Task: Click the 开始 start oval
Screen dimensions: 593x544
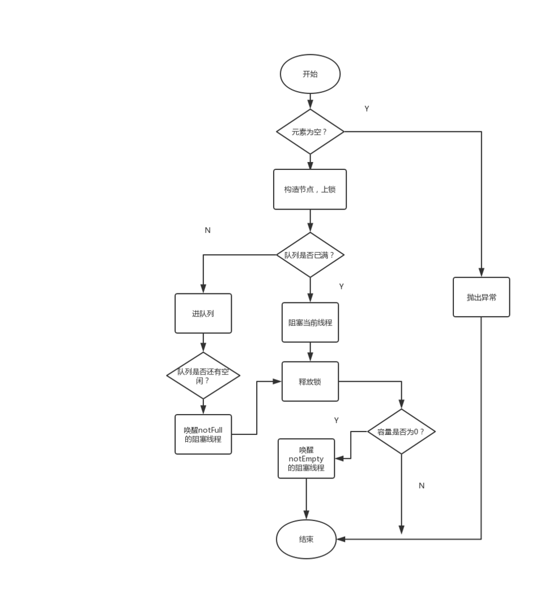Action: [x=310, y=74]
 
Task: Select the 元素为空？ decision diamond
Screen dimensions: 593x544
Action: [x=310, y=131]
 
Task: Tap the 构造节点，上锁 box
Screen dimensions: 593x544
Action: [x=310, y=189]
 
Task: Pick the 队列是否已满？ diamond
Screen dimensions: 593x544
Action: [x=310, y=255]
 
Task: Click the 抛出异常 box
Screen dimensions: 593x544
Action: [x=481, y=297]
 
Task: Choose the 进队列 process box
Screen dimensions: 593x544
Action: [x=203, y=313]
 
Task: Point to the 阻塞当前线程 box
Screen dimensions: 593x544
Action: [x=310, y=322]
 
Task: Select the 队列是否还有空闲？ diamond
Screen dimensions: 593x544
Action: [x=203, y=376]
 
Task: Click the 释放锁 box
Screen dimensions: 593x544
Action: [x=310, y=381]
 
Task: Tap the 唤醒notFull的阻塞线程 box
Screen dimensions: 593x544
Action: [x=203, y=434]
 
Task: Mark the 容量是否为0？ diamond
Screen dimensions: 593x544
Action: [x=401, y=432]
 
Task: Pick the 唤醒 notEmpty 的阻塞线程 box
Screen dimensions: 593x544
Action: [x=306, y=458]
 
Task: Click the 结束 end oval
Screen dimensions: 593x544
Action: [x=306, y=539]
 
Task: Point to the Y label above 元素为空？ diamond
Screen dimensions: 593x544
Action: [x=367, y=109]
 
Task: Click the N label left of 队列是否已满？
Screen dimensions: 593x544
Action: [x=207, y=231]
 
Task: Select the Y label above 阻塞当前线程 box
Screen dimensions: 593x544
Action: [x=341, y=287]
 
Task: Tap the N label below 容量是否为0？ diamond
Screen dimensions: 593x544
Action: [x=421, y=485]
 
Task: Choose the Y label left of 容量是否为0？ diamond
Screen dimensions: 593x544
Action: [x=336, y=420]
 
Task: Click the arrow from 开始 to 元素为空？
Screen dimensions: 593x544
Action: [x=310, y=101]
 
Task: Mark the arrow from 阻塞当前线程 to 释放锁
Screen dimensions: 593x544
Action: [x=310, y=352]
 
